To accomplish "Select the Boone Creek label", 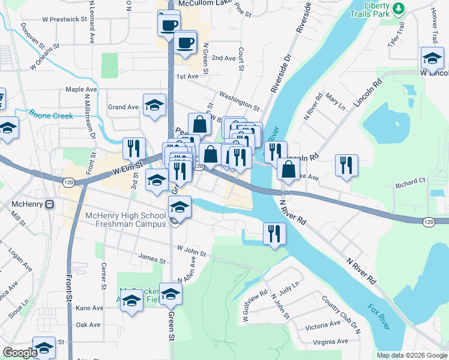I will click(x=51, y=116).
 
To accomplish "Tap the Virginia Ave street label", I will click(x=326, y=341).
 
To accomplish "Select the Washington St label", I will click(x=239, y=102).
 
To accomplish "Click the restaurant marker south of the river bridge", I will click(x=274, y=232).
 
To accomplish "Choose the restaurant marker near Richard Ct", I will click(x=346, y=164).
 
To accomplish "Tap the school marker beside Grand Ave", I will click(x=154, y=104).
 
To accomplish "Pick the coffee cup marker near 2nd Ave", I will click(x=185, y=43).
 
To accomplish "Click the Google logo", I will click(x=20, y=353).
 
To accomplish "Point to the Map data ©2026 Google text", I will click(x=411, y=355).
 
